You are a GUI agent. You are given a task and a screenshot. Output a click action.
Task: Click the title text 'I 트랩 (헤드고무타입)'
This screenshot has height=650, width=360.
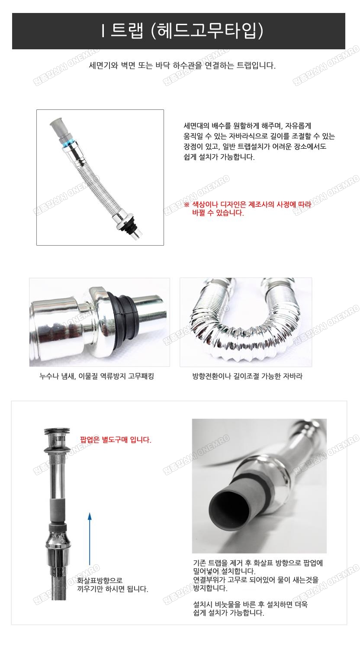tap(182, 31)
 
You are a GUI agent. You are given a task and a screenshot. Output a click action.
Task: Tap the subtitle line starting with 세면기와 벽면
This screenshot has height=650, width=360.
tap(182, 66)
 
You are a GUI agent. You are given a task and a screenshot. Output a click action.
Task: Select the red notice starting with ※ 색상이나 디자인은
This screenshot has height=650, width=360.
tap(247, 208)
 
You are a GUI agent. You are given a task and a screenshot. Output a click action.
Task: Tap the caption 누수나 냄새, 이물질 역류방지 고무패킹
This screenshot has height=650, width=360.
tap(96, 376)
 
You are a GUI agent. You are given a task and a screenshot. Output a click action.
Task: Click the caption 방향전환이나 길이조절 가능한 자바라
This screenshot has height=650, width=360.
tap(247, 376)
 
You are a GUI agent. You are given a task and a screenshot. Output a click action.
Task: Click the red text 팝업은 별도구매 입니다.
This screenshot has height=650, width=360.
tap(116, 440)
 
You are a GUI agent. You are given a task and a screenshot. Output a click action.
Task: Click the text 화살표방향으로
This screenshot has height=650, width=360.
tap(100, 580)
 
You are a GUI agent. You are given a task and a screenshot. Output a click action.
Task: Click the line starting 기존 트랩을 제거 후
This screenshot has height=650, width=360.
tap(258, 563)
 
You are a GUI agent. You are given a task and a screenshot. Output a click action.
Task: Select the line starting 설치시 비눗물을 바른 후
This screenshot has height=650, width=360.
tap(250, 605)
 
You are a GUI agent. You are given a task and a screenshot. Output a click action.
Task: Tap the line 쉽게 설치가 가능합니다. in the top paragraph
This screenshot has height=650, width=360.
tap(219, 157)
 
